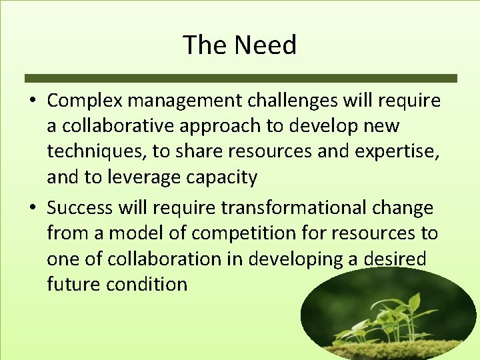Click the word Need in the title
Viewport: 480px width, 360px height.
pyautogui.click(x=265, y=45)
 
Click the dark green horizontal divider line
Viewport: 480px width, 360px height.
pyautogui.click(x=241, y=78)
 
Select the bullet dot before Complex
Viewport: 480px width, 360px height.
pyautogui.click(x=32, y=101)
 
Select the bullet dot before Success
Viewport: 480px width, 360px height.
pyautogui.click(x=32, y=208)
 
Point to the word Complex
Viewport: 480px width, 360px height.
pyautogui.click(x=85, y=101)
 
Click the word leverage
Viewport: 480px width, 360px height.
pyautogui.click(x=138, y=177)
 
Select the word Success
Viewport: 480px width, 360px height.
pyautogui.click(x=81, y=208)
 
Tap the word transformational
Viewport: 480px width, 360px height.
pyautogui.click(x=293, y=208)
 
